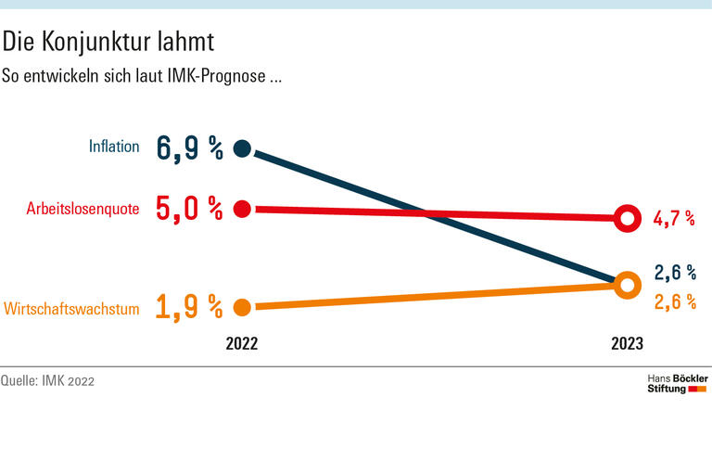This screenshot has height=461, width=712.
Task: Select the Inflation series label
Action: coord(114,147)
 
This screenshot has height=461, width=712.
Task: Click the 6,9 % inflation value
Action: coord(190,147)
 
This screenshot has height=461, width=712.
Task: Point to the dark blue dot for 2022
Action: coord(243,147)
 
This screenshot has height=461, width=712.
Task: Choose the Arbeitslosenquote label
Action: coord(83,209)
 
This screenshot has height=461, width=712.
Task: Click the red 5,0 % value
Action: coord(190,209)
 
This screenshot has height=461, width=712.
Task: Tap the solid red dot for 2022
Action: coord(243,209)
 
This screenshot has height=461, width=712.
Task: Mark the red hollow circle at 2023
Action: coord(627,219)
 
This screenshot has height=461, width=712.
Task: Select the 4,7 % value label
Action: coord(674,219)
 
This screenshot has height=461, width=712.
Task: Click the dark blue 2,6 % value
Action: coord(674,273)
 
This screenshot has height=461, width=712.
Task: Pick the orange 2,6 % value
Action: coord(674,301)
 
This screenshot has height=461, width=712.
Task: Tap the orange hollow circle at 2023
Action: coord(627,285)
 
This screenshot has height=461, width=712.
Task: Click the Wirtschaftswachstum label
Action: coord(71,308)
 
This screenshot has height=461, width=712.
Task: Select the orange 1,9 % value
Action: coord(190,307)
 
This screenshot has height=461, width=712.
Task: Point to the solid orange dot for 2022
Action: coord(243,307)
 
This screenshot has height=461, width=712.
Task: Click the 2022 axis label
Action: coord(242,343)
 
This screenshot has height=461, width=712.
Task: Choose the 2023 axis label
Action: coord(627,343)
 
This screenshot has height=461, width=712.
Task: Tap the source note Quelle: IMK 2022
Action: coord(47,381)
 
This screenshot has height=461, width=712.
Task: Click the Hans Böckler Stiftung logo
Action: coord(676,384)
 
